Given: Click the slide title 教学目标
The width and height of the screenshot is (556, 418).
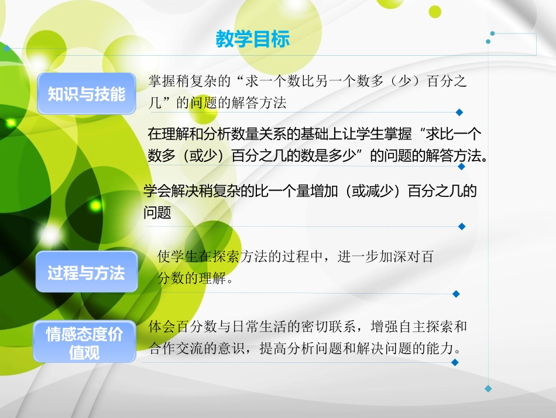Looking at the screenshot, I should point(253,40).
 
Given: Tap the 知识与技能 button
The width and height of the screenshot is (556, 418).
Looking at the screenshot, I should point(87,94).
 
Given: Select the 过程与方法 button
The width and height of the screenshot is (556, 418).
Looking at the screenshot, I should point(87,272).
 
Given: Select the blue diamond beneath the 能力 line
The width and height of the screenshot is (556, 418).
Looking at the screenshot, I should point(455,362).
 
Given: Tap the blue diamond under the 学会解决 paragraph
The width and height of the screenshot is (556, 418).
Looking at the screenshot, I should point(461,226).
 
